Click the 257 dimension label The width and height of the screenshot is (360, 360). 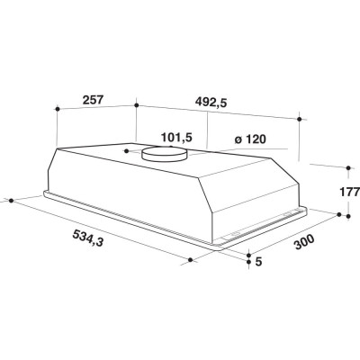[x=93, y=100]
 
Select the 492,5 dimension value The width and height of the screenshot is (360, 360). [x=211, y=103]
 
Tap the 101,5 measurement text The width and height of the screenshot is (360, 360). [x=176, y=138]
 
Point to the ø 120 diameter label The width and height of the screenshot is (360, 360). [x=250, y=139]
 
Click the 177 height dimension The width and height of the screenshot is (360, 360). [x=350, y=192]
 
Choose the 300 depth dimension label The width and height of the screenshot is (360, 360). [x=304, y=242]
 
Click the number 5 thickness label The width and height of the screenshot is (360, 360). [x=259, y=262]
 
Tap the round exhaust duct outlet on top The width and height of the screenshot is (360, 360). [x=164, y=153]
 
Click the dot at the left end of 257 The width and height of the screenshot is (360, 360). [x=58, y=108]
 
